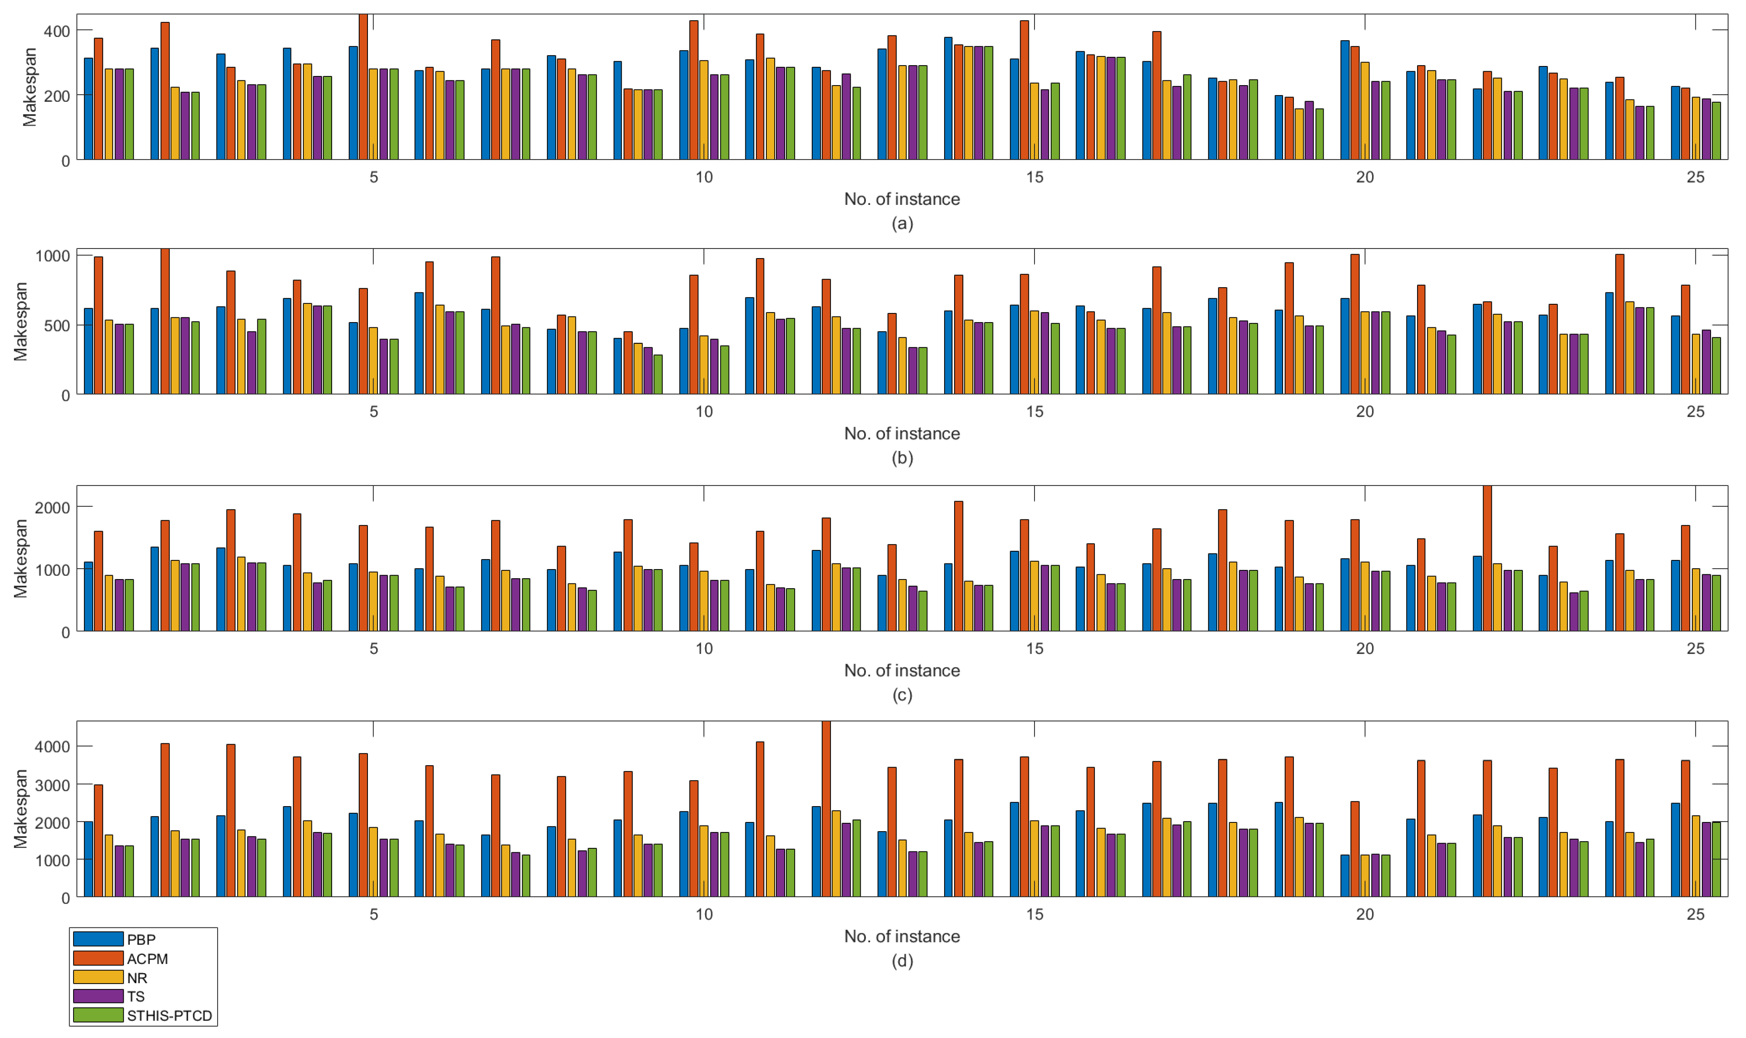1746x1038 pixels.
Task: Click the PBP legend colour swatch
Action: tap(98, 939)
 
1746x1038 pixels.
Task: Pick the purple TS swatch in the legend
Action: tap(98, 996)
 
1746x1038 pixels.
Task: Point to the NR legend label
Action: tap(137, 978)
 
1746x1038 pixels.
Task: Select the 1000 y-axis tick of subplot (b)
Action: tap(52, 256)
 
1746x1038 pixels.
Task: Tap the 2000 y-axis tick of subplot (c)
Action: tap(52, 507)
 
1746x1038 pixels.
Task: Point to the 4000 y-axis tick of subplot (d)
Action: tap(52, 746)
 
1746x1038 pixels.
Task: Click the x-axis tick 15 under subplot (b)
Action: tap(1034, 412)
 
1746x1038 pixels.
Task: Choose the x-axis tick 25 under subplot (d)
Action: tap(1695, 914)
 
